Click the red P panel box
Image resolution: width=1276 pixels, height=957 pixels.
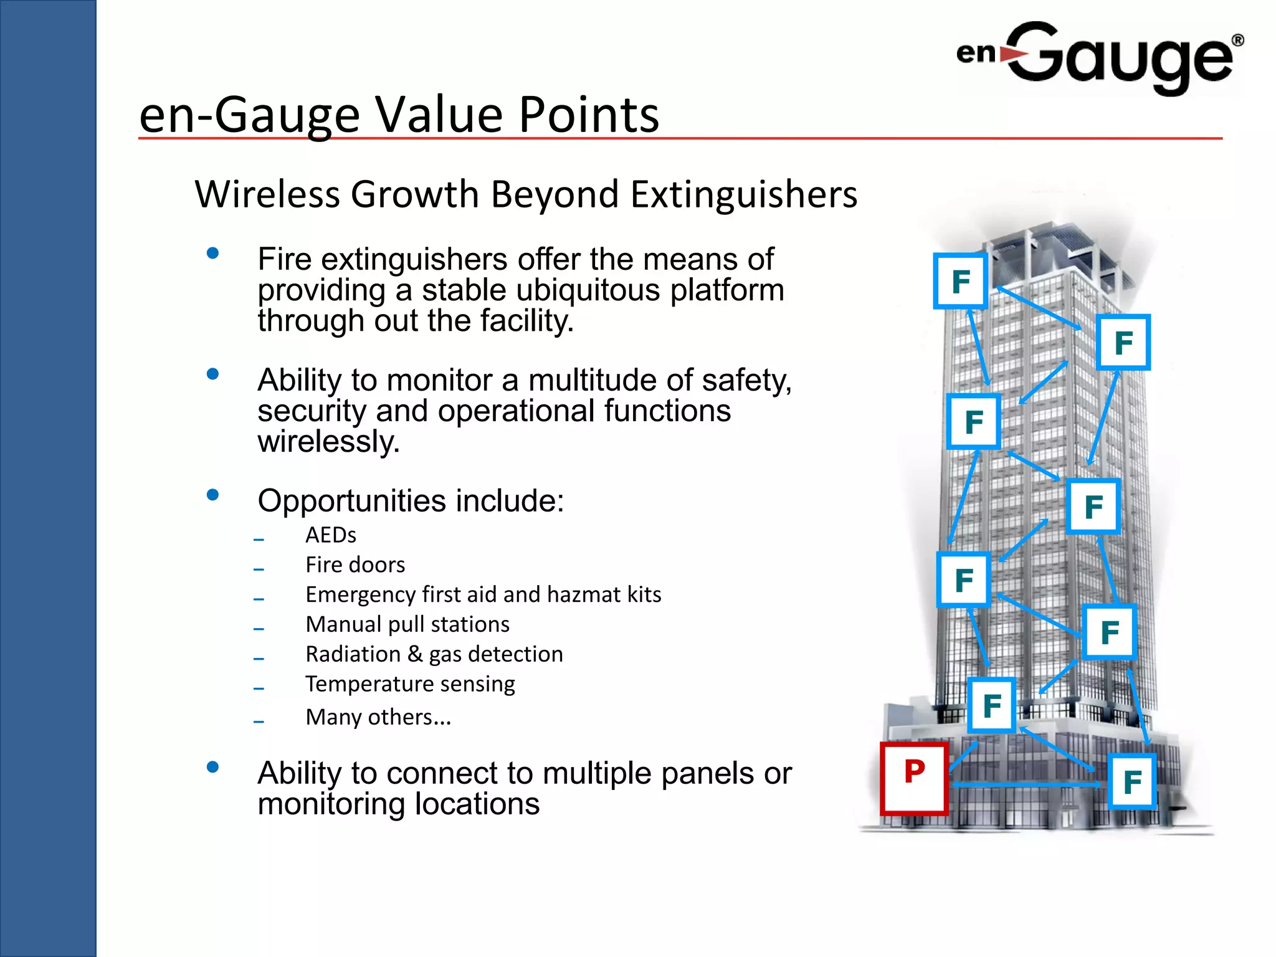914,778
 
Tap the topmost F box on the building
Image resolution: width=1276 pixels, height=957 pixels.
960,281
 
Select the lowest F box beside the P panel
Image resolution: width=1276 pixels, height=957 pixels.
1132,782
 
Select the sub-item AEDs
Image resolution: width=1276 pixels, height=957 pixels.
331,535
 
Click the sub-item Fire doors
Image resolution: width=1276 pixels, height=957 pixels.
355,565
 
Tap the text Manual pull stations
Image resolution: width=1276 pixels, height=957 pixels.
407,624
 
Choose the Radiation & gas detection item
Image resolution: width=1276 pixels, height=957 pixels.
434,654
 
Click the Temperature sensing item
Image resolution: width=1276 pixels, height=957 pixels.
410,684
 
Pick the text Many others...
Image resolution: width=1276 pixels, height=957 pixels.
378,717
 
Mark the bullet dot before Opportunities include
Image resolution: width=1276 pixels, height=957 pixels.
212,495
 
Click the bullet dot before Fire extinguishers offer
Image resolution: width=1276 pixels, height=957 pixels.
212,253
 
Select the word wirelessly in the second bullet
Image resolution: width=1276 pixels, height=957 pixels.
328,442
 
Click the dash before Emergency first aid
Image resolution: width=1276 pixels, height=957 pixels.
259,599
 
